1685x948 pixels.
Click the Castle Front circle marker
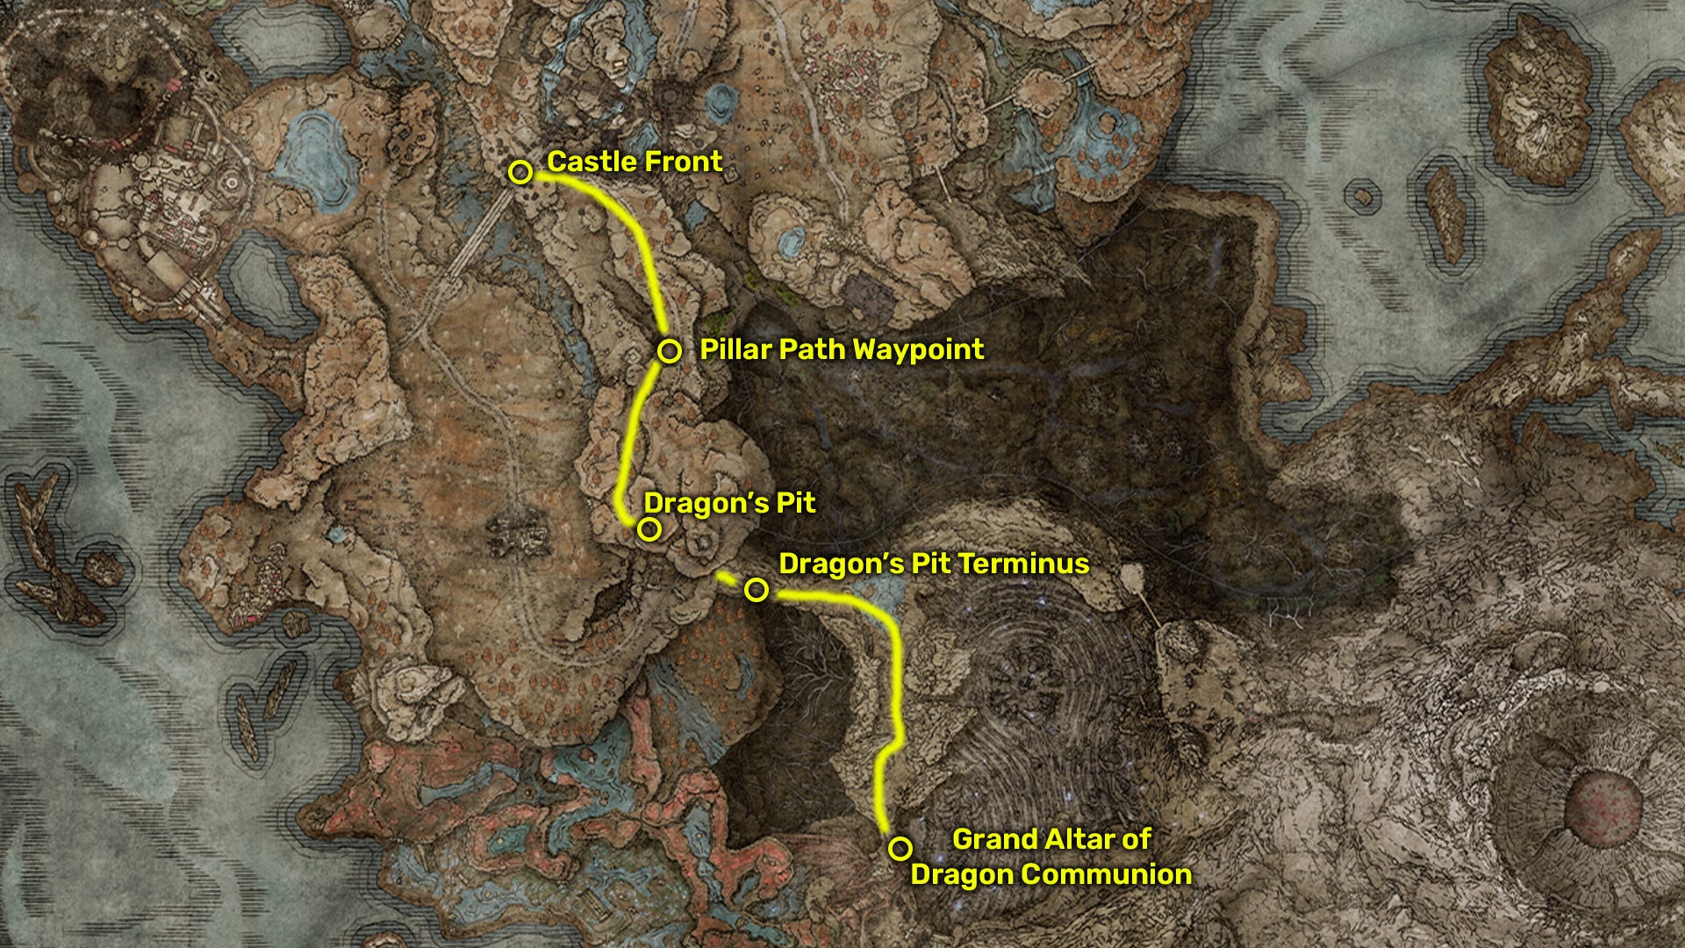point(520,172)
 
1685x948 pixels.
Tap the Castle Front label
point(635,162)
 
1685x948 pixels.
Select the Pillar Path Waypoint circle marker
point(670,351)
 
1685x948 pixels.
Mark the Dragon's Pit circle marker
point(649,529)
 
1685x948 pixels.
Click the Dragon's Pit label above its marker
point(729,504)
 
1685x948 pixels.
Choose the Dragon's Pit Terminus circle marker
point(756,590)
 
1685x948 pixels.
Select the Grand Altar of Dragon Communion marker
point(900,849)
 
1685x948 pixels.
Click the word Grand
point(989,840)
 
